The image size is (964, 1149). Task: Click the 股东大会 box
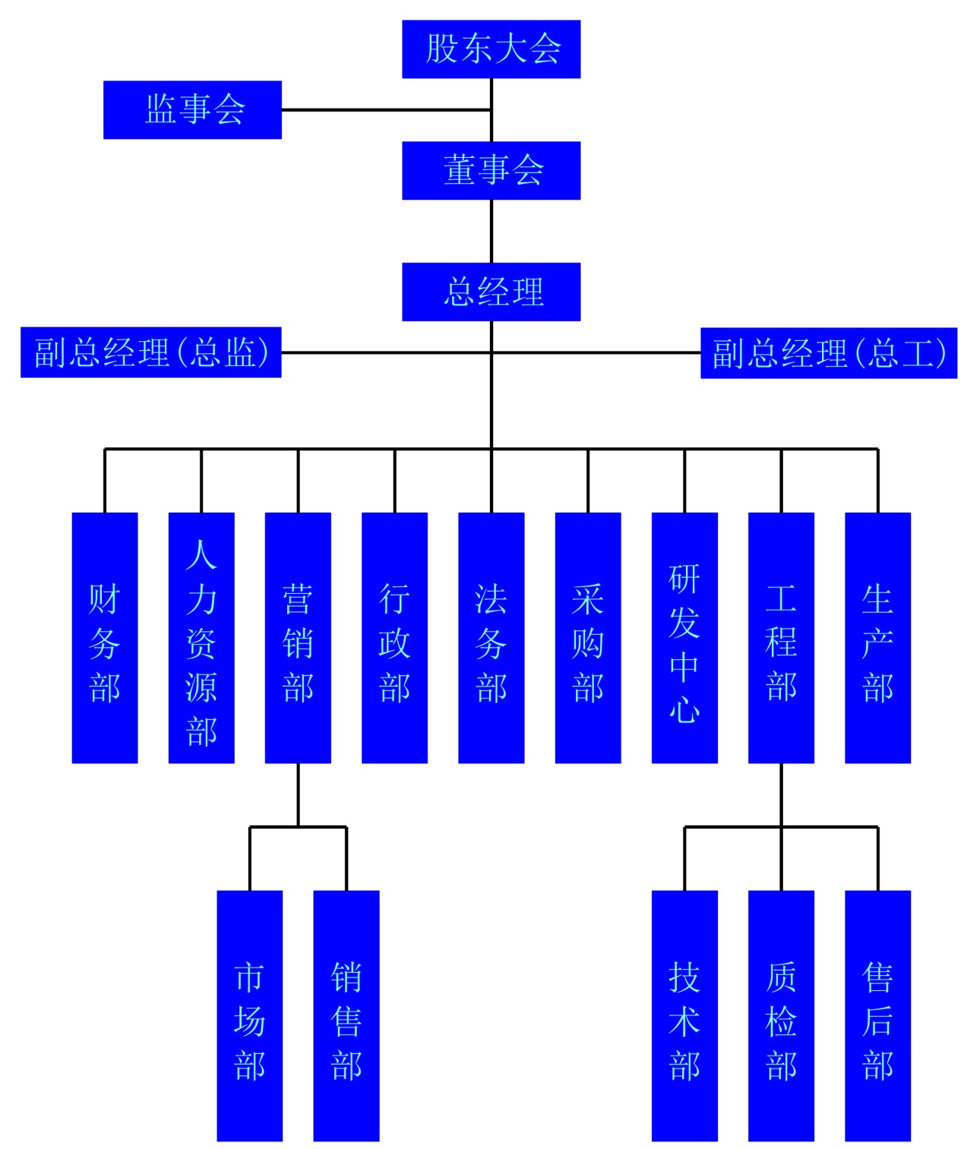pos(491,49)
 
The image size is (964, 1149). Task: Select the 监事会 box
pos(192,109)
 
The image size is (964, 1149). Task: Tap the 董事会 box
pos(491,170)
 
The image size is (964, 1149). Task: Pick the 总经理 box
pos(491,292)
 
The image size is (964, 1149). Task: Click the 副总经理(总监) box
pos(150,352)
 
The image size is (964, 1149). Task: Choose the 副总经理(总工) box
pos(828,353)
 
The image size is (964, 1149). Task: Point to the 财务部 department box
pos(105,637)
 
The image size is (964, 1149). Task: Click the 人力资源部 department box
pos(201,637)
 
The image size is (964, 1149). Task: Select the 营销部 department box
pos(298,637)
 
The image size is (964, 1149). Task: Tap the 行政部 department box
pos(394,637)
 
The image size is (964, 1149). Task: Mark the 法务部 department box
pos(491,637)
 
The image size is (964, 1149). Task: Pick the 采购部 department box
pos(588,637)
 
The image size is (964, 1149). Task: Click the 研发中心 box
pos(684,637)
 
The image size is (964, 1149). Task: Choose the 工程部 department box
pos(781,637)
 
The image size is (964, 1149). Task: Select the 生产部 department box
pos(877,637)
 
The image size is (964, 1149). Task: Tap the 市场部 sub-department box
pos(249,1015)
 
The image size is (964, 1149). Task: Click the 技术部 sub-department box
pos(684,1015)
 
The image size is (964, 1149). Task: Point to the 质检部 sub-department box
pos(781,1015)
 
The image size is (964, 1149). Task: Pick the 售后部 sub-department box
pos(877,1015)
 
